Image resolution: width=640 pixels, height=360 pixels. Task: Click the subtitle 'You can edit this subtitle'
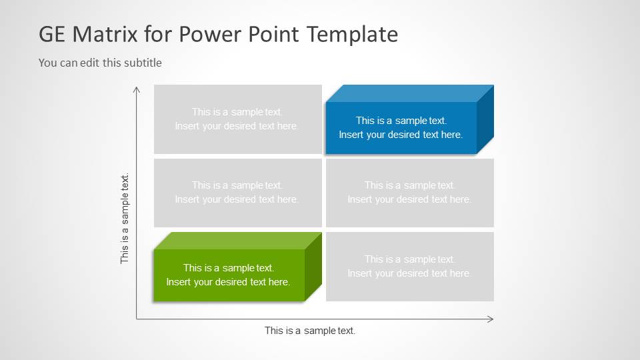[x=100, y=63]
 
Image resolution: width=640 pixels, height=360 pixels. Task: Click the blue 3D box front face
[x=401, y=128]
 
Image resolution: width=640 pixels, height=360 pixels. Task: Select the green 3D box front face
[x=228, y=275]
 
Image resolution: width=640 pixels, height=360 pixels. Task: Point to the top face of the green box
[x=237, y=241]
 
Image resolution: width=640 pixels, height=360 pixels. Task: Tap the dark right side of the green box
[x=313, y=266]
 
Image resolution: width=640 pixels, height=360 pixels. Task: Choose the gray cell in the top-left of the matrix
[x=237, y=119]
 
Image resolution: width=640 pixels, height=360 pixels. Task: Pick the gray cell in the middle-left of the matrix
[x=237, y=193]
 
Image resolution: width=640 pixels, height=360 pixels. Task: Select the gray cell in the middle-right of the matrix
[x=409, y=193]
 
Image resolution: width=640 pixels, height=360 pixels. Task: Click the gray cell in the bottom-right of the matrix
[x=409, y=266]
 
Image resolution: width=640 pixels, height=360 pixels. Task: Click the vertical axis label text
[x=125, y=219]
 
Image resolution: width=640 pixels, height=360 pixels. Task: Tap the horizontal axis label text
[x=310, y=331]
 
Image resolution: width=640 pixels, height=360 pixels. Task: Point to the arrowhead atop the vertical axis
[x=137, y=88]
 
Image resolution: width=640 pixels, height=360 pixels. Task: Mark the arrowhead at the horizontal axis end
[x=491, y=319]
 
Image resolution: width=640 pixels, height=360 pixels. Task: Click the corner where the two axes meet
[x=137, y=319]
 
